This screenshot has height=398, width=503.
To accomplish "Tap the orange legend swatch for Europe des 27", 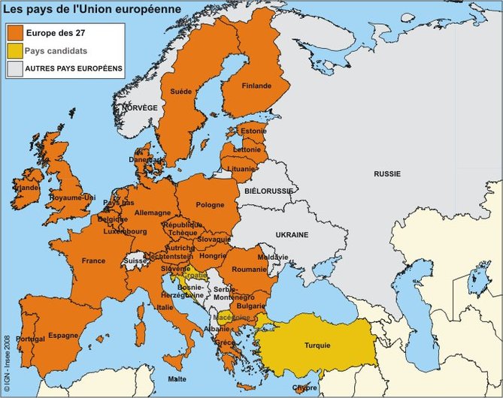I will tap(14, 33).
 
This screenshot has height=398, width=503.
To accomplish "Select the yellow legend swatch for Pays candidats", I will tap(14, 51).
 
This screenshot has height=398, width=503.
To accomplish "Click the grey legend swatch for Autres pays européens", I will tap(14, 69).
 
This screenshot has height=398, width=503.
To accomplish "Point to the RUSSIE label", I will tap(387, 173).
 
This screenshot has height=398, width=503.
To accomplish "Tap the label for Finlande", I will tap(256, 86).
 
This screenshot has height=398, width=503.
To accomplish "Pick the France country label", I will tap(93, 261).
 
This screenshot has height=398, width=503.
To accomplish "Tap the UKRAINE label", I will tap(292, 235).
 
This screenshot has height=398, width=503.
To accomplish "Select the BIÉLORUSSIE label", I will tap(268, 191).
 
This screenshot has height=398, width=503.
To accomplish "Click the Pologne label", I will tap(210, 205).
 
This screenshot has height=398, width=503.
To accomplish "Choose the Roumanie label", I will tap(250, 269).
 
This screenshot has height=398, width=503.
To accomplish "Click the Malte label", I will tap(177, 378).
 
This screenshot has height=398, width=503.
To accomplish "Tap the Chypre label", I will tap(305, 388).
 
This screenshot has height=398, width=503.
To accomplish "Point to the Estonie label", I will tap(253, 131).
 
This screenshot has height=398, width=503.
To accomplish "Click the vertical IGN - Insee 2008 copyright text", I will tap(7, 363).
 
